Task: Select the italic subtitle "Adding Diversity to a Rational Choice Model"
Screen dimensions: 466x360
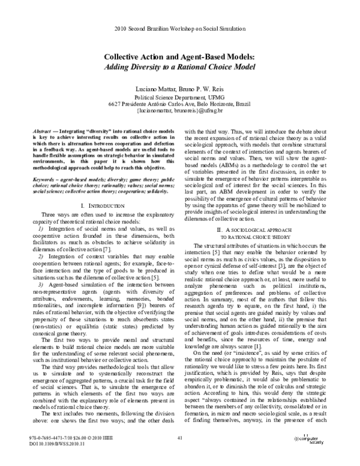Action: (x=180, y=66)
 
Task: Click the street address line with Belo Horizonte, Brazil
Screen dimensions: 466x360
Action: (x=180, y=104)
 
